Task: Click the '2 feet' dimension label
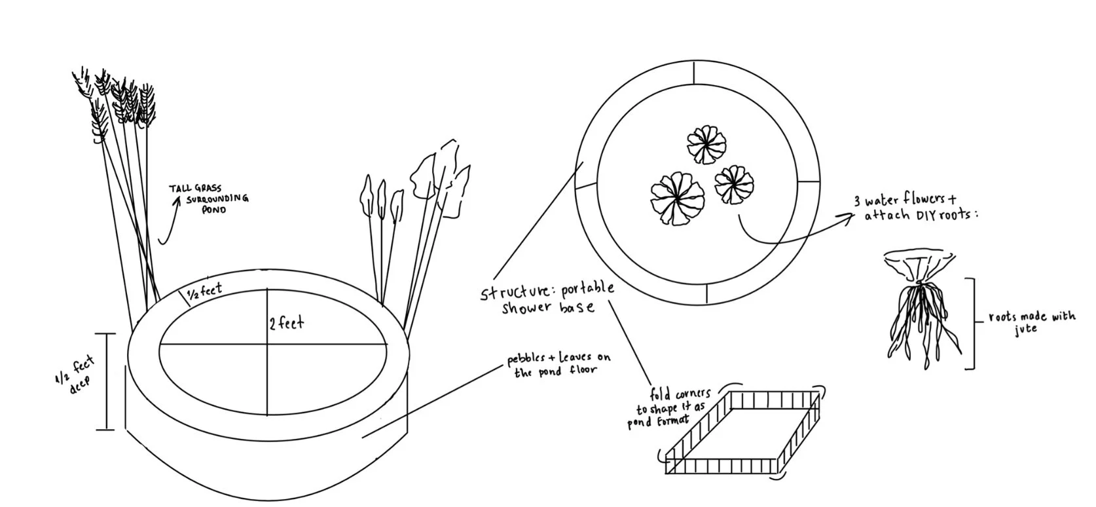pos(287,323)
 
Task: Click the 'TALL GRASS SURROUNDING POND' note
pos(209,198)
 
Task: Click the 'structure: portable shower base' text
pos(548,298)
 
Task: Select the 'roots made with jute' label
pos(1032,322)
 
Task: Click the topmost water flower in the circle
pos(706,144)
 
